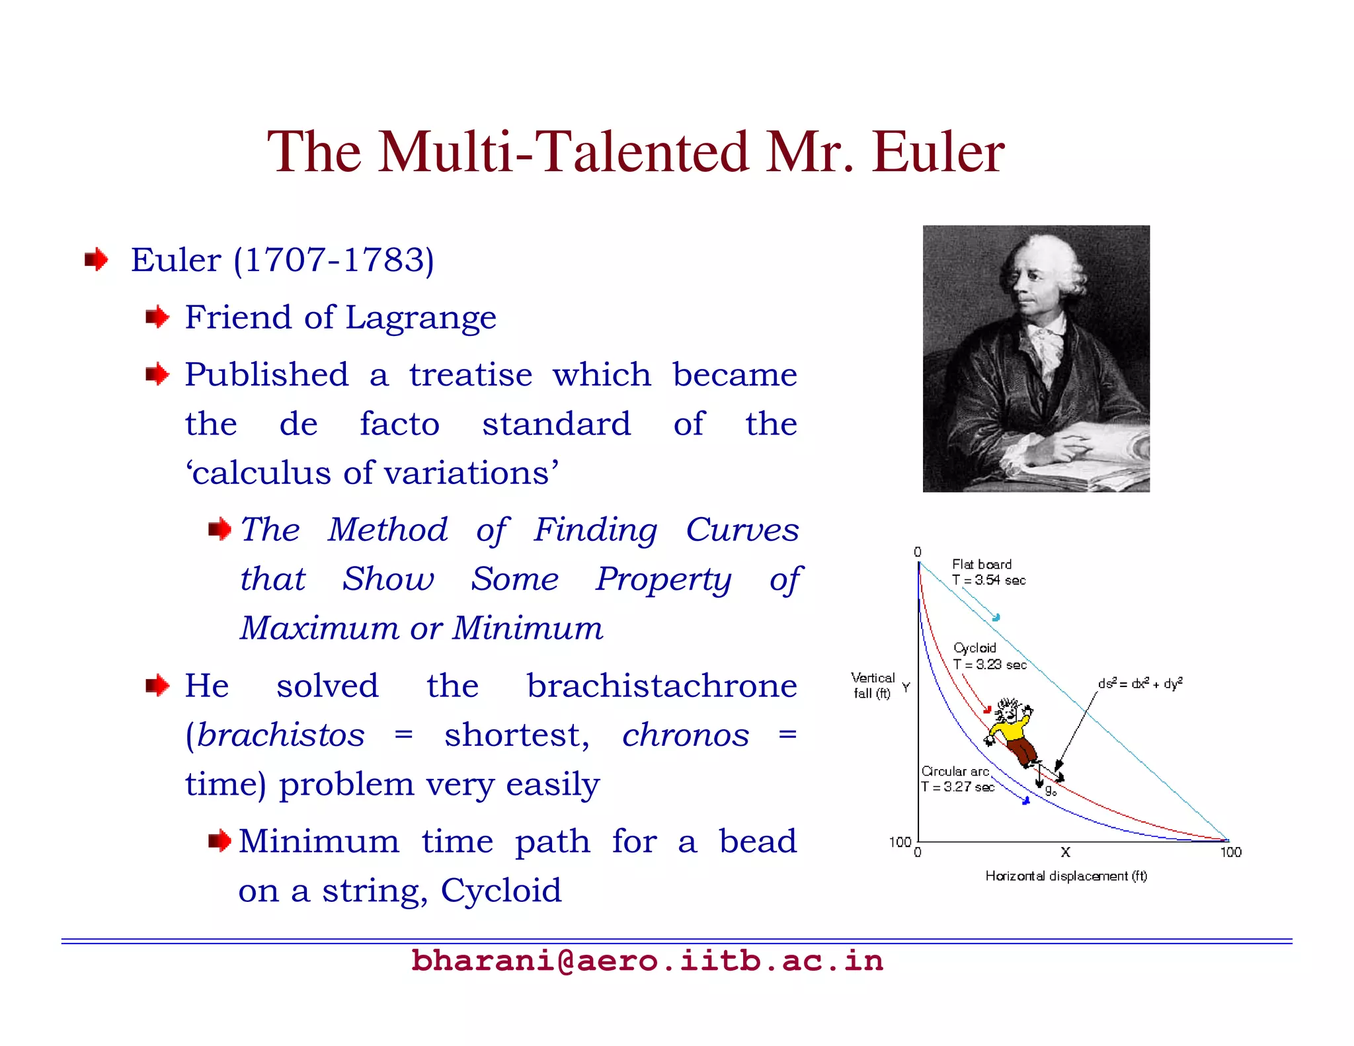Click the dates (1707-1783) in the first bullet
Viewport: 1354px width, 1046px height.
coord(334,260)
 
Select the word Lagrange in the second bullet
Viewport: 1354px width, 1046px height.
coord(420,317)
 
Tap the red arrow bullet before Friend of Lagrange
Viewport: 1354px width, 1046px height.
coord(157,317)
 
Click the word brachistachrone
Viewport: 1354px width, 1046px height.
coord(661,686)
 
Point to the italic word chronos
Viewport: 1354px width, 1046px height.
coord(686,735)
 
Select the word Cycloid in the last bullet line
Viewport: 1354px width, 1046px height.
coord(501,891)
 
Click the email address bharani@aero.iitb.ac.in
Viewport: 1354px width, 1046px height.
coord(647,961)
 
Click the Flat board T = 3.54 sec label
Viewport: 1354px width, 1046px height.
coord(988,573)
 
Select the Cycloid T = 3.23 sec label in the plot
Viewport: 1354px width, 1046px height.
coord(989,657)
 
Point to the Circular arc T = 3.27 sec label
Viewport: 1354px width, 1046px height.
coord(957,779)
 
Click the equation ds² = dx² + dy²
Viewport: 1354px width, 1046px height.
coord(1140,684)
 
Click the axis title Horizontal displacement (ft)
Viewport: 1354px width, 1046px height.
coord(1066,876)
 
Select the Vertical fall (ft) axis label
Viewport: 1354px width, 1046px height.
coord(872,686)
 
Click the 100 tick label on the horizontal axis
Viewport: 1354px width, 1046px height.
coord(1230,853)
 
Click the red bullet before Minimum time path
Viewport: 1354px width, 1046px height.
coord(219,842)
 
